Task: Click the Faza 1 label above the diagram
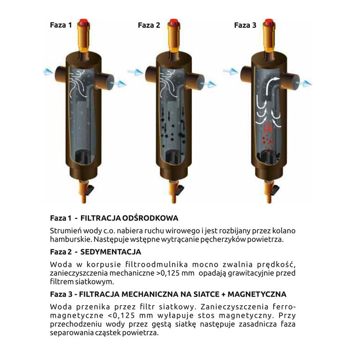pyautogui.click(x=61, y=25)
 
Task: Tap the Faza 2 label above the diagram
pyautogui.click(x=149, y=25)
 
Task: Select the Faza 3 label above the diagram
pyautogui.click(x=245, y=25)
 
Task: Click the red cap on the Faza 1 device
pyautogui.click(x=84, y=23)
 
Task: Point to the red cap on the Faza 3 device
pyautogui.click(x=269, y=23)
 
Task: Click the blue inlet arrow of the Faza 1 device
pyautogui.click(x=48, y=72)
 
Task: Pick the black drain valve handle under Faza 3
pyautogui.click(x=275, y=190)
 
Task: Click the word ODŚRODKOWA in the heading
pyautogui.click(x=150, y=218)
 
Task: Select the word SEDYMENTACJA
pyautogui.click(x=111, y=252)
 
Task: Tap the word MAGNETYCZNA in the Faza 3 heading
pyautogui.click(x=257, y=294)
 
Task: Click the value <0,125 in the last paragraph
pyautogui.click(x=121, y=315)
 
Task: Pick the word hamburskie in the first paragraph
pyautogui.click(x=71, y=239)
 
